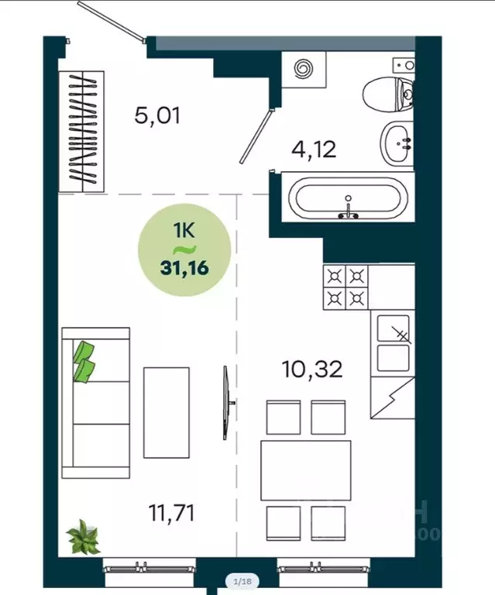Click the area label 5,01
pyautogui.click(x=156, y=117)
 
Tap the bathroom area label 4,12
pyautogui.click(x=314, y=148)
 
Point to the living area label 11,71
pyautogui.click(x=170, y=512)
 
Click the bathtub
pyautogui.click(x=348, y=199)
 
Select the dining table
pyautogui.click(x=300, y=469)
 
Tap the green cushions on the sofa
pyautogui.click(x=84, y=362)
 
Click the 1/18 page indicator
pyautogui.click(x=242, y=580)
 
